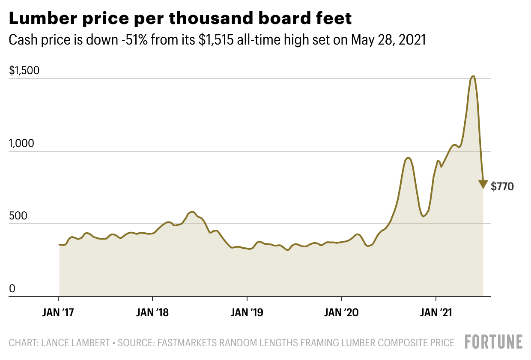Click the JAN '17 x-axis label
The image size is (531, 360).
point(58,313)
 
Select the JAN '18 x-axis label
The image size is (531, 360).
point(152,313)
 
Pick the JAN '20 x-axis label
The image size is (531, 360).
point(341,313)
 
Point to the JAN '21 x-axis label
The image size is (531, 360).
point(436,313)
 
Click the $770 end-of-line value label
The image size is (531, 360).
point(502,186)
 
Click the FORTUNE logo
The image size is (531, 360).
point(494,342)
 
